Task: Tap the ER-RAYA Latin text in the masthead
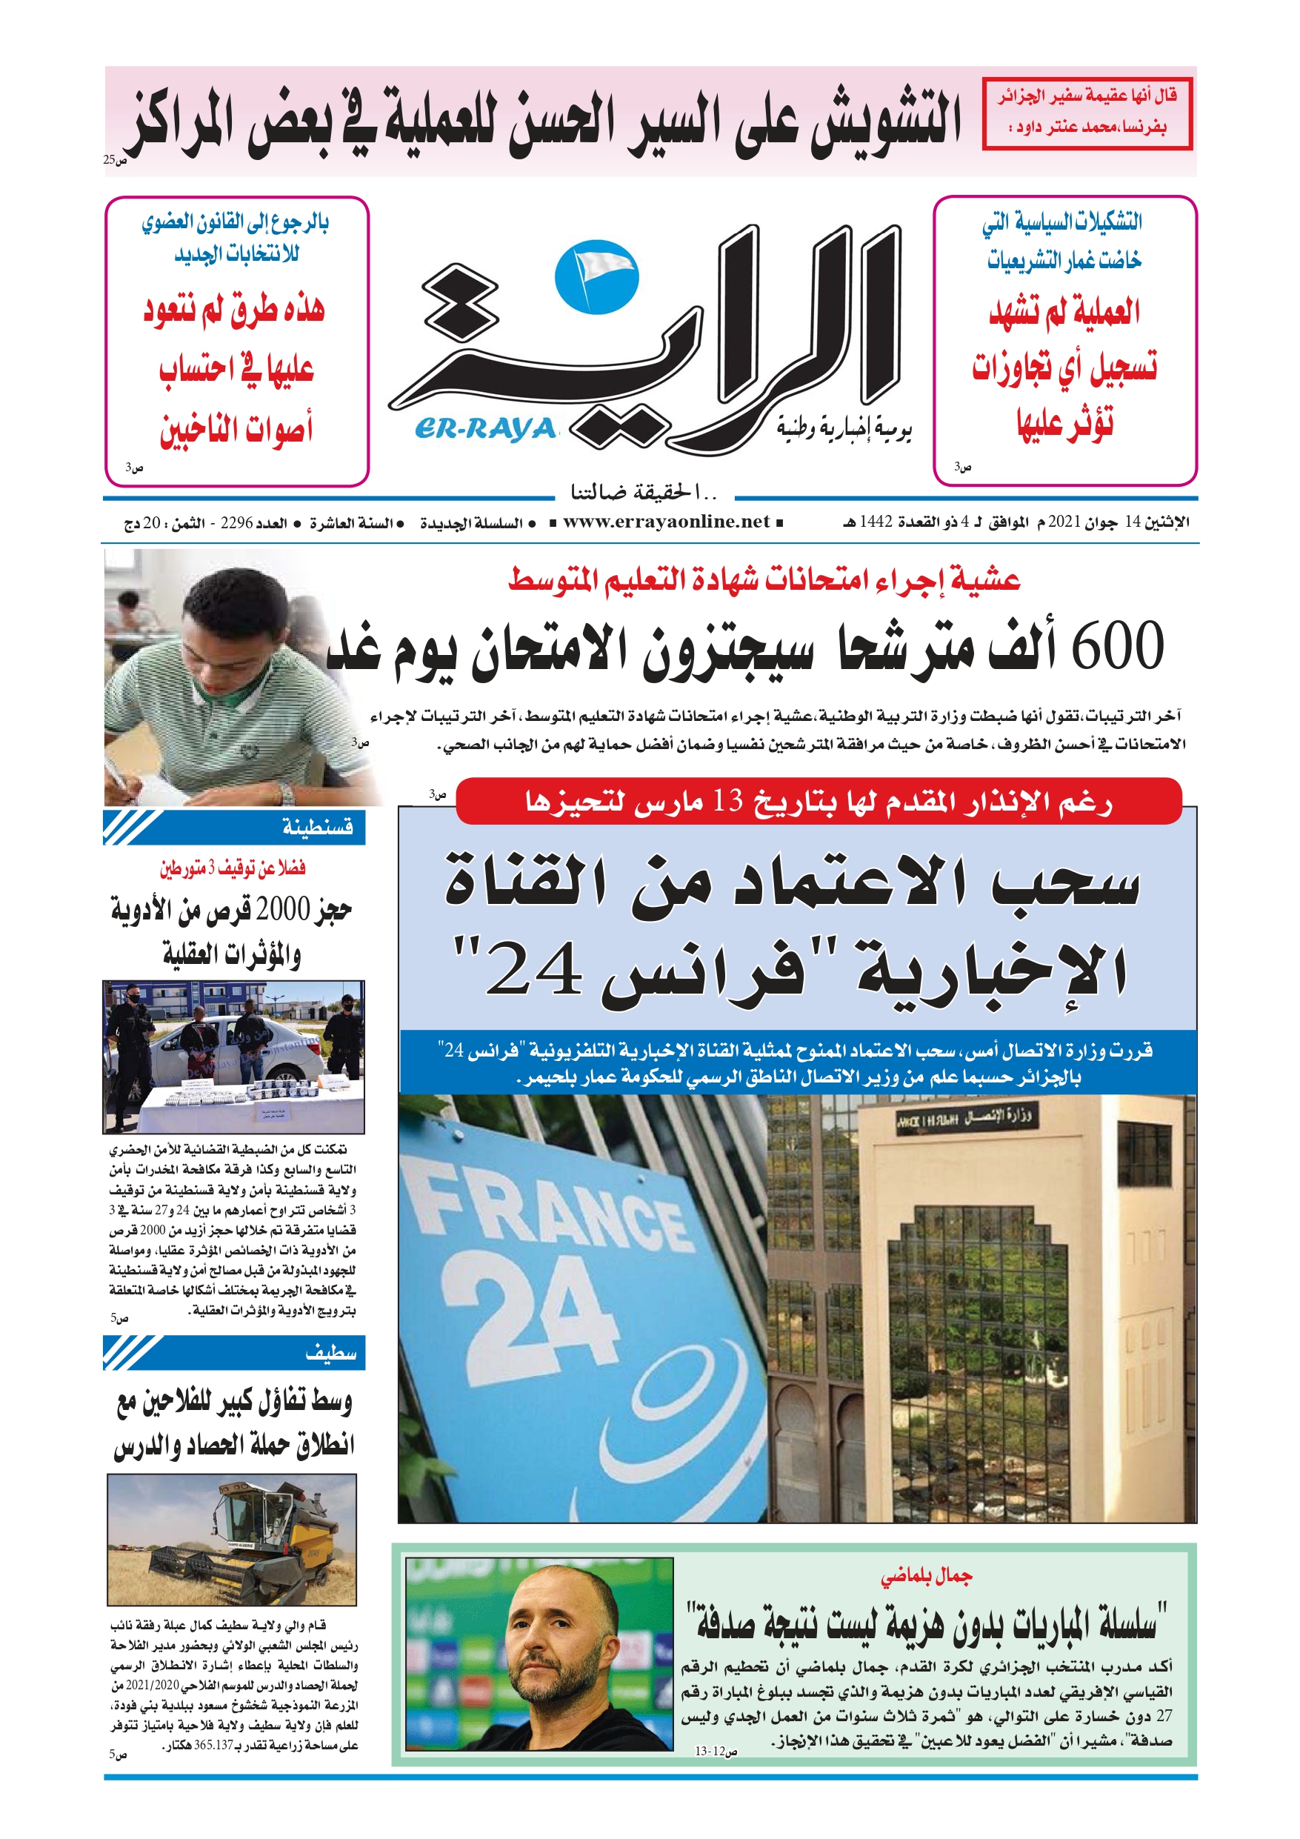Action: tap(484, 430)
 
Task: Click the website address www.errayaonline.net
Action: tap(666, 522)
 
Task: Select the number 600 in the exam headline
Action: tap(1116, 647)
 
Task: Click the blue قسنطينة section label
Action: tap(317, 827)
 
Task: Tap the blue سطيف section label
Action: tap(330, 1353)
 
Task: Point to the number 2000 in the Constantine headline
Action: tap(281, 909)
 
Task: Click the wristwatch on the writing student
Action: tap(286, 793)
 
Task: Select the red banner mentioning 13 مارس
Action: tap(818, 801)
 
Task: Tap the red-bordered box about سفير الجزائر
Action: tap(1087, 113)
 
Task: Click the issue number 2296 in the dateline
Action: tap(236, 523)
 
